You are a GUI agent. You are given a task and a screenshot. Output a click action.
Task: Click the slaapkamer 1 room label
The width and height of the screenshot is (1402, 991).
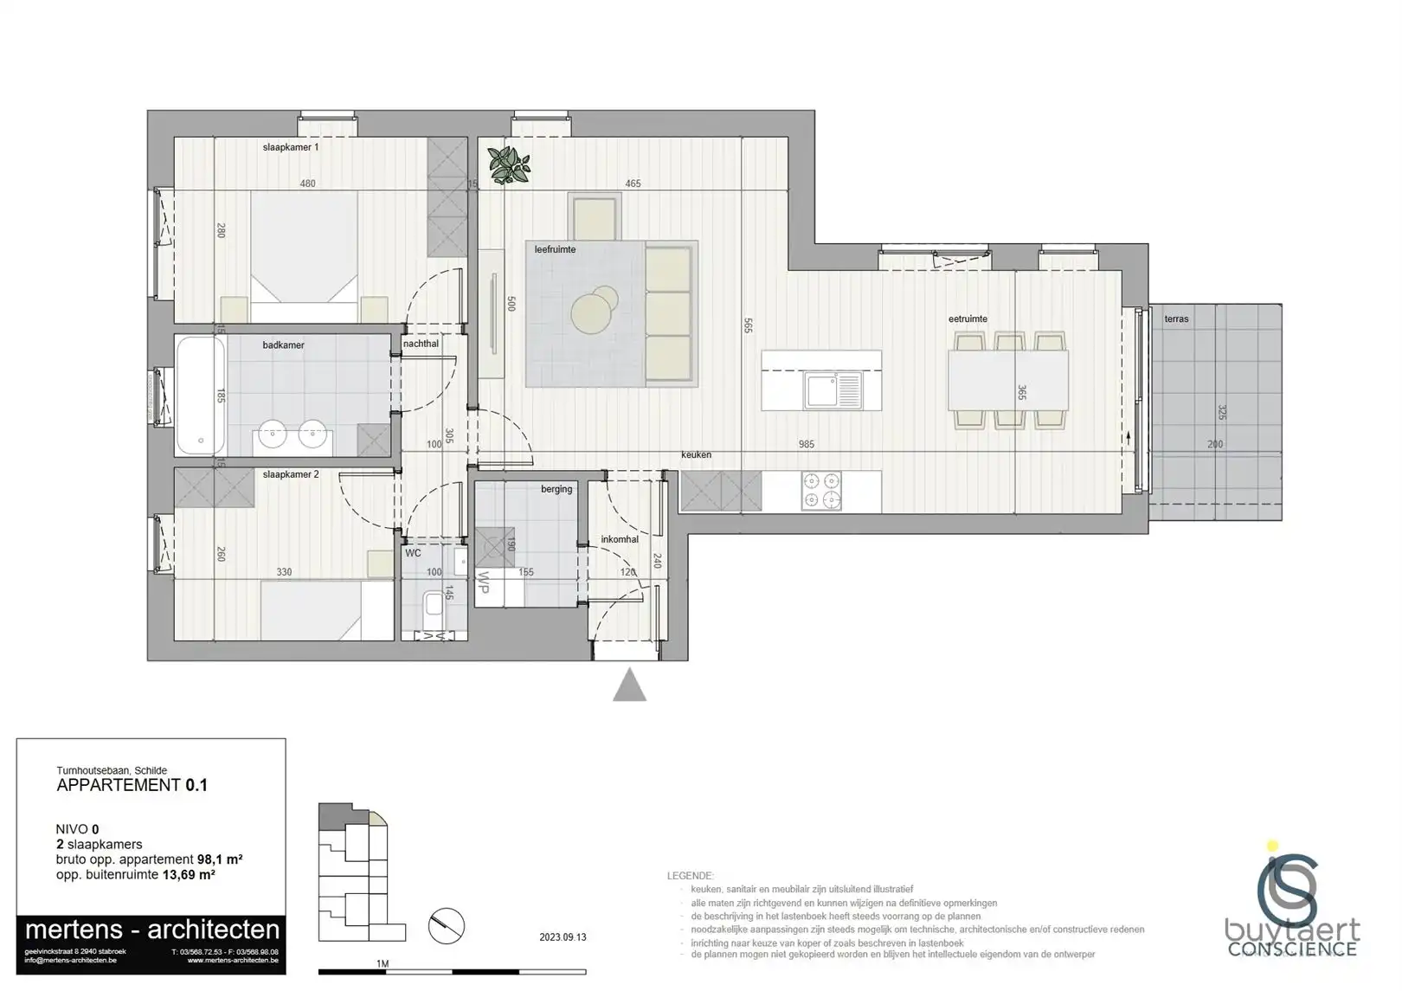pos(291,147)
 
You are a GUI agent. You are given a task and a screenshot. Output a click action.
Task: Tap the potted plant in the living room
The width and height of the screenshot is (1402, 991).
pos(509,164)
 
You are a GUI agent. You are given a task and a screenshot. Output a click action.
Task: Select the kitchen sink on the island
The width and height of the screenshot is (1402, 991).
pos(833,390)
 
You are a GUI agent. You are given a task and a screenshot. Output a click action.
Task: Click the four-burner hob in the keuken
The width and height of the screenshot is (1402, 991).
pos(821,491)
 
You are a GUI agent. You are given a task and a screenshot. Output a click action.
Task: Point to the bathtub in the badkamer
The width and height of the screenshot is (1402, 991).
pos(201,396)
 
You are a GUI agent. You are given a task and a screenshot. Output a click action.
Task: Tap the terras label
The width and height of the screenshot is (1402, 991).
pos(1176,319)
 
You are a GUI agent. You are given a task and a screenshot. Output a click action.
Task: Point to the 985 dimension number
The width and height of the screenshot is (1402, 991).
pos(807,444)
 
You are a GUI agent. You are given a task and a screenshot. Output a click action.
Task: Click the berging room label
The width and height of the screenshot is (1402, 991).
pos(556,489)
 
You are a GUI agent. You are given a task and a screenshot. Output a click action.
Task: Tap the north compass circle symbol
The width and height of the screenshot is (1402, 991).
pos(447,926)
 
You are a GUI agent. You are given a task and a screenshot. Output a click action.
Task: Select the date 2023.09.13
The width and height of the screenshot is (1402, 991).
pos(563,937)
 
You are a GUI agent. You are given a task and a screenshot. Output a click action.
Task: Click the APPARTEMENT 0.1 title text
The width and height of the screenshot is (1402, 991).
pos(132,786)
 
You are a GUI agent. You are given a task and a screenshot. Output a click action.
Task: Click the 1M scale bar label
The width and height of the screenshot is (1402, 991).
pos(382,963)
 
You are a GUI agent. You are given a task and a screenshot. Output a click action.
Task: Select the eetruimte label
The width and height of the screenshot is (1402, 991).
pos(968,319)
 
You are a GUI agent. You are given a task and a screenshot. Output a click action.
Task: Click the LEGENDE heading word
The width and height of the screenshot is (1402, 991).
pos(691,876)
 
